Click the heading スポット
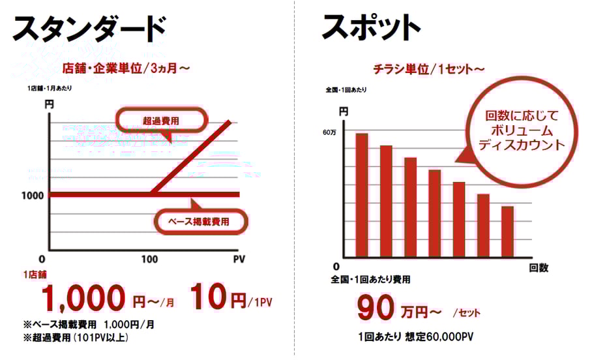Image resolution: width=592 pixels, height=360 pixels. point(371,28)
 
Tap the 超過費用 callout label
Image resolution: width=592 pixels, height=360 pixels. point(161,120)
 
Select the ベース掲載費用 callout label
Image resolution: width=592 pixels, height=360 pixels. point(200,222)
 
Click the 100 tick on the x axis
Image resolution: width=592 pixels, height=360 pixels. point(149,259)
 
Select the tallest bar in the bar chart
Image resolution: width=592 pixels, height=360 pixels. point(362,195)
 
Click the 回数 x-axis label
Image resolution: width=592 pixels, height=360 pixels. point(539,268)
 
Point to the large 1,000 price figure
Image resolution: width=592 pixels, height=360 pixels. point(83,299)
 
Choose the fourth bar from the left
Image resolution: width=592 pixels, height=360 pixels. point(435,213)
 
